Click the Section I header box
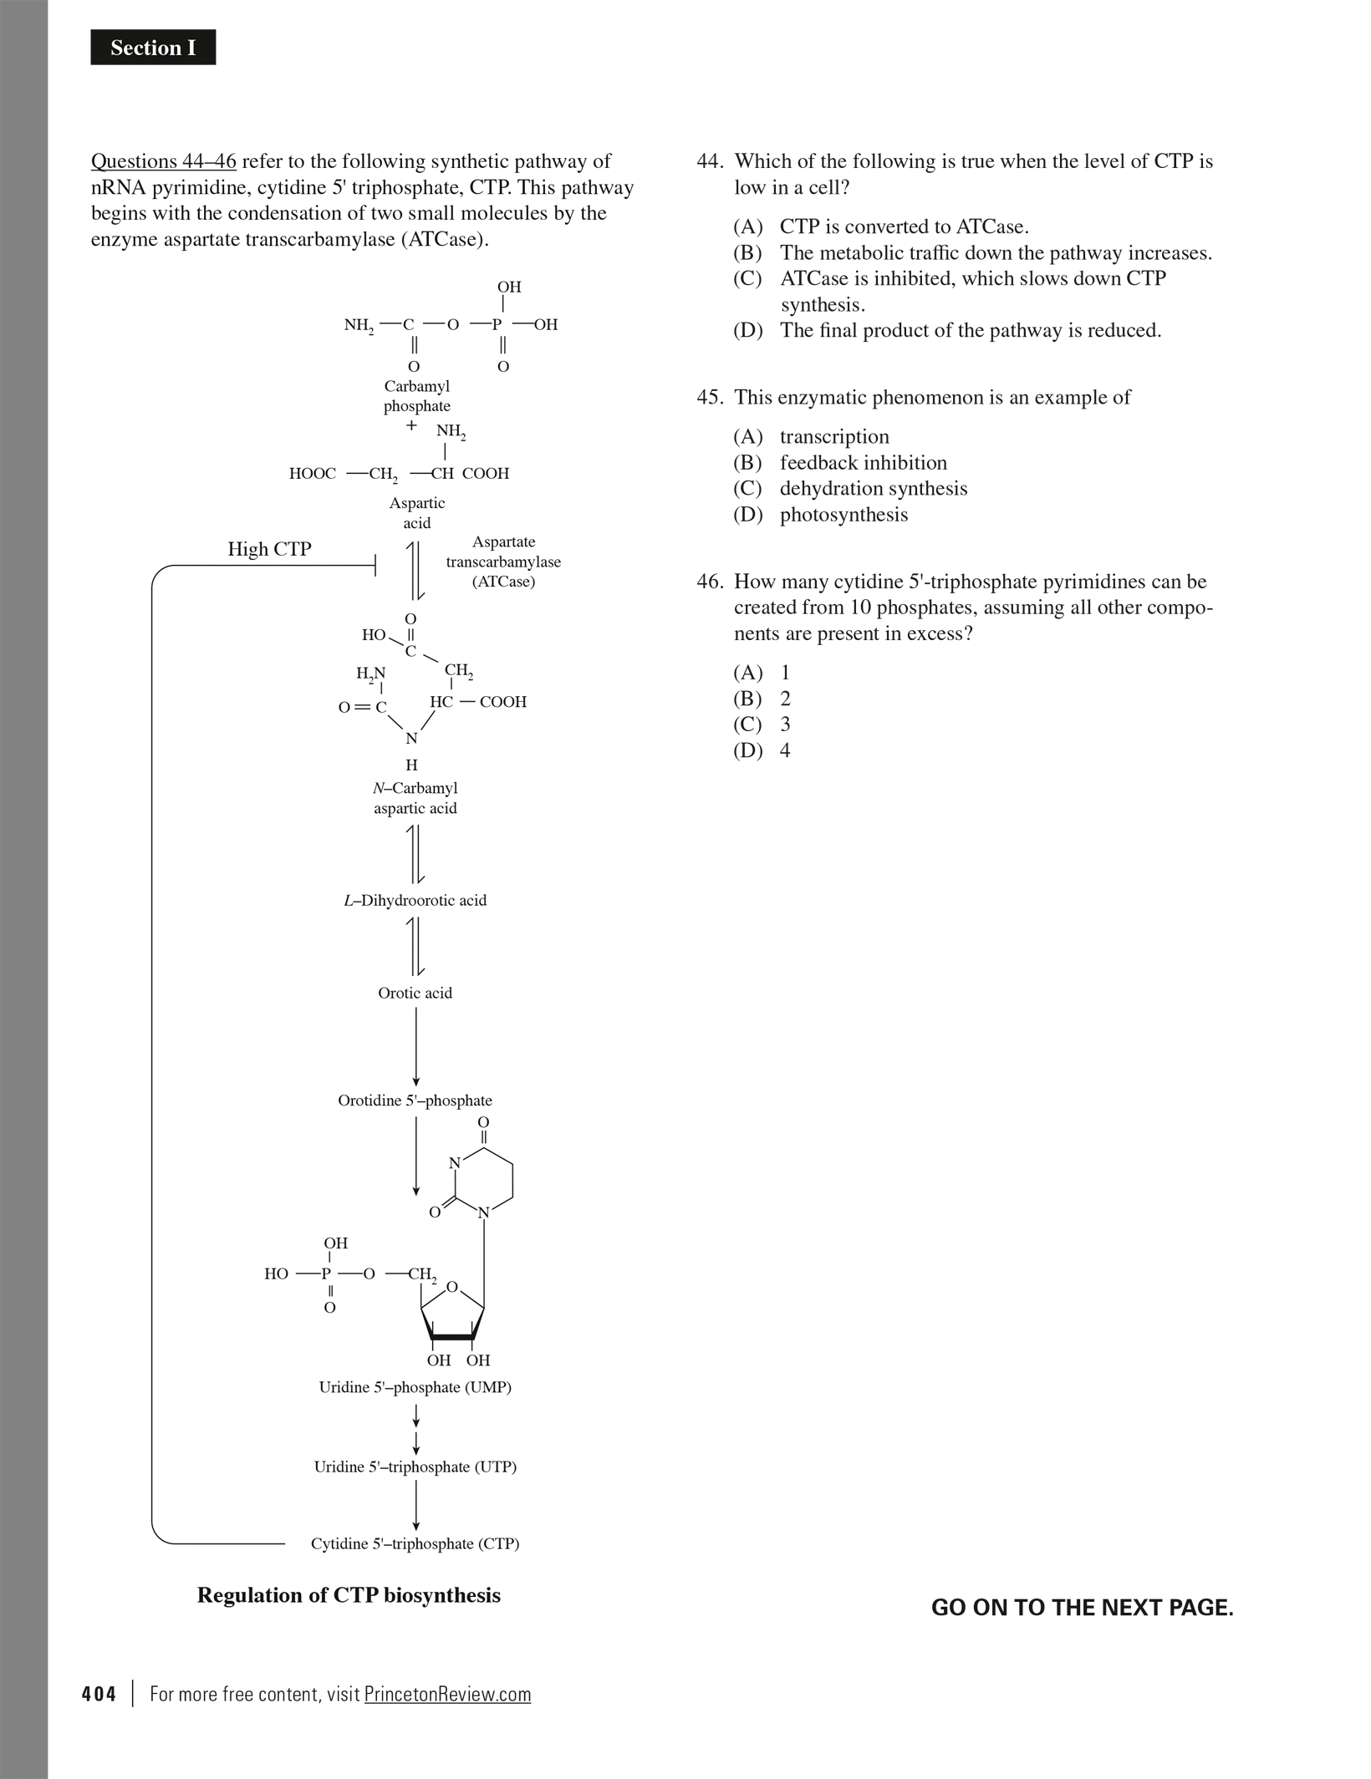[153, 48]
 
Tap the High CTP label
[269, 549]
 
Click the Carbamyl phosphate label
[416, 396]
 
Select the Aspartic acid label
[416, 513]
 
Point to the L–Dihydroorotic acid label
[415, 901]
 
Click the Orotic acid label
[415, 993]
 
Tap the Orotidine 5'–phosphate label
[415, 1100]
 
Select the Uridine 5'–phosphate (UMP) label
[415, 1387]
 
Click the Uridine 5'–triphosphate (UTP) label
[415, 1466]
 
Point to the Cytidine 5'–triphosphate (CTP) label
[415, 1543]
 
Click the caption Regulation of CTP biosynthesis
[349, 1595]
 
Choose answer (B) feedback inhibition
[863, 463]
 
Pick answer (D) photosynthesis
[843, 515]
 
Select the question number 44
[710, 161]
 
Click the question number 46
[710, 582]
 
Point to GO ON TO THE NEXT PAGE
[1082, 1608]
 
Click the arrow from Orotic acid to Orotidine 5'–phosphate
[416, 1046]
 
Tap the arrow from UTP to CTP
[416, 1505]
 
